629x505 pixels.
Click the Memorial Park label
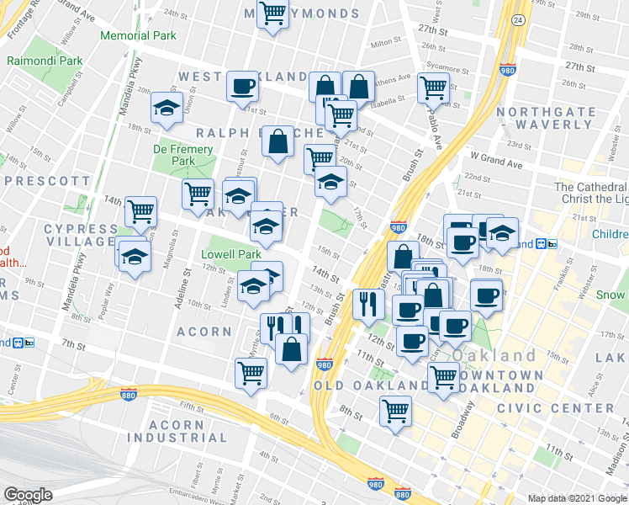coord(138,35)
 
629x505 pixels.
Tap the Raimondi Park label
coord(45,61)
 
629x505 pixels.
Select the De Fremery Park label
coord(173,155)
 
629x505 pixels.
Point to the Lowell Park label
coord(231,253)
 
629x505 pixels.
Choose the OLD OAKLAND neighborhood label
coord(371,385)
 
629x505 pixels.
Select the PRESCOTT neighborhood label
coord(47,180)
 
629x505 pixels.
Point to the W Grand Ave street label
coord(497,157)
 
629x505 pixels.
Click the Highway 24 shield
coord(518,19)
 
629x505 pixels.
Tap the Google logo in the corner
coord(28,495)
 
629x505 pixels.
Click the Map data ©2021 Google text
coord(576,498)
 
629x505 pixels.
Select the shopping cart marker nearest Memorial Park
coord(273,14)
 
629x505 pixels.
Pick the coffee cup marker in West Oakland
coord(242,86)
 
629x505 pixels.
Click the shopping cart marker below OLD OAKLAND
coord(395,412)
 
